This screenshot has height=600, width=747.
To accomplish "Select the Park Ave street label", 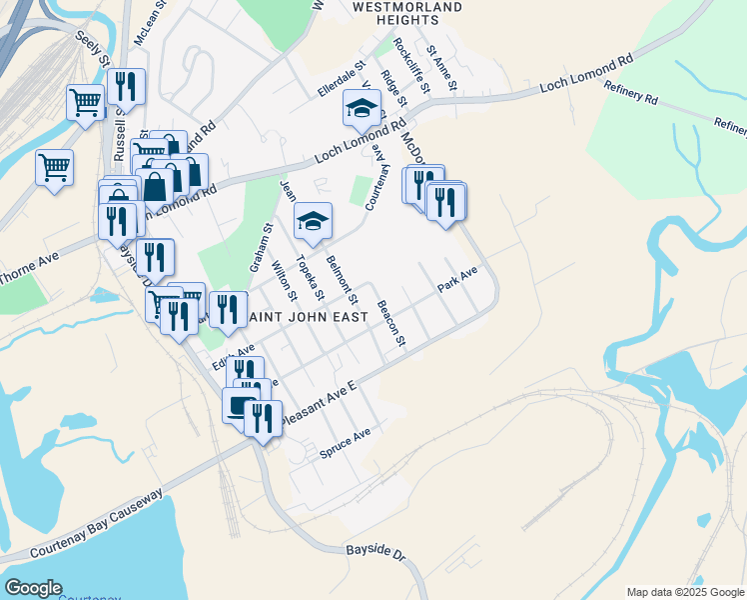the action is tap(456, 280).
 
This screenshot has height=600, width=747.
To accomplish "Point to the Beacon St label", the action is tap(390, 324).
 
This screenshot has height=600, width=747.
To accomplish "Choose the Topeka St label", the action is tap(308, 277).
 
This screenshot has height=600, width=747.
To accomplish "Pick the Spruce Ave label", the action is tap(345, 443).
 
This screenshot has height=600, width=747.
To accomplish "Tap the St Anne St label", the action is tap(440, 68).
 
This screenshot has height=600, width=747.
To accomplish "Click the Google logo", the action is tap(33, 588).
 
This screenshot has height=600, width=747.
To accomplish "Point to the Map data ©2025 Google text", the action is tap(684, 591).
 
